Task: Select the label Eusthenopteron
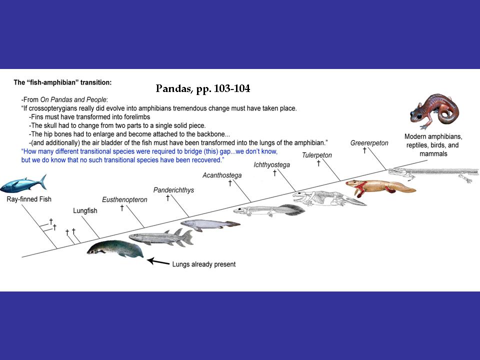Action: [x=124, y=199]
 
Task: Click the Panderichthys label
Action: [x=173, y=190]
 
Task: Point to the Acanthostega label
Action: [x=222, y=175]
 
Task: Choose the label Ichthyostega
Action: [x=271, y=164]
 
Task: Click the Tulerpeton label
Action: [x=316, y=155]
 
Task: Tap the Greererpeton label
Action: [x=369, y=143]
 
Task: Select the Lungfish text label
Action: [x=85, y=211]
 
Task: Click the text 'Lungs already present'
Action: [x=203, y=264]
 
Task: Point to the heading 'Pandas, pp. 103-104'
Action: [x=203, y=89]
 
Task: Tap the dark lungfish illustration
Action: [x=115, y=249]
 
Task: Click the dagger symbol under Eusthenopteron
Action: [x=122, y=208]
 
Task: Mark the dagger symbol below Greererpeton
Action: [x=364, y=150]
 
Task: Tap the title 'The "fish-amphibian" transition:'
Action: [x=62, y=81]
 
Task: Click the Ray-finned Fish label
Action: [x=29, y=199]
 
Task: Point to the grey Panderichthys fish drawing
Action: [x=209, y=224]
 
